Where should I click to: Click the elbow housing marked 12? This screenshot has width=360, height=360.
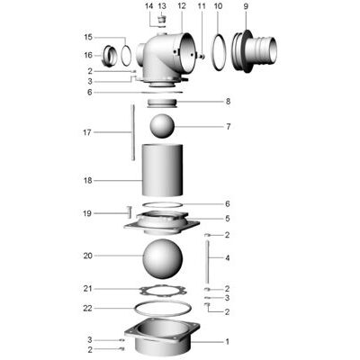171,56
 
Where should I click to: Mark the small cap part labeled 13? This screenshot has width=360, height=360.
163,21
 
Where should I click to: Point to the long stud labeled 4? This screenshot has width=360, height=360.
208,258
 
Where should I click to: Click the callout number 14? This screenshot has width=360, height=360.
149,6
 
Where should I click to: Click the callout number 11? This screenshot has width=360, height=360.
202,6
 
